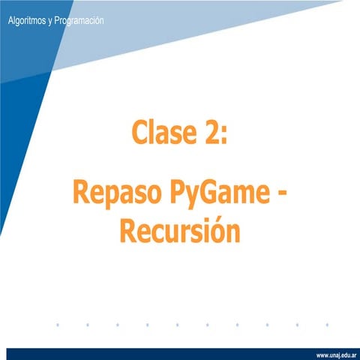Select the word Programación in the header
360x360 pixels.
point(77,21)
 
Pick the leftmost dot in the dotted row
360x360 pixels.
point(57,325)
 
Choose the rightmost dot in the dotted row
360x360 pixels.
point(328,325)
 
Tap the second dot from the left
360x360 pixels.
point(87,325)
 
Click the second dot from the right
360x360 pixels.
point(298,325)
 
